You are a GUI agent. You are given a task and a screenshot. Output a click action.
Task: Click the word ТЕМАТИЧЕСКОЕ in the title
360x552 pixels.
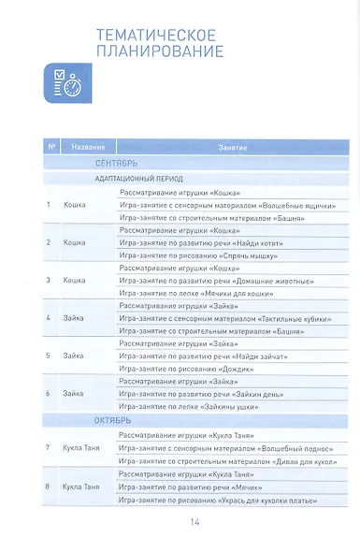156,35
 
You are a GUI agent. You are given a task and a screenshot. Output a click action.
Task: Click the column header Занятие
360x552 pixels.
233,147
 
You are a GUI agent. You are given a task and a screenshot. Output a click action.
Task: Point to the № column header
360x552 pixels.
51,147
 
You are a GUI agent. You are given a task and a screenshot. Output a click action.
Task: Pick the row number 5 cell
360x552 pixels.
49,356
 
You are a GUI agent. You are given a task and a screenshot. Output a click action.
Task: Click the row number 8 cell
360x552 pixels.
49,487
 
